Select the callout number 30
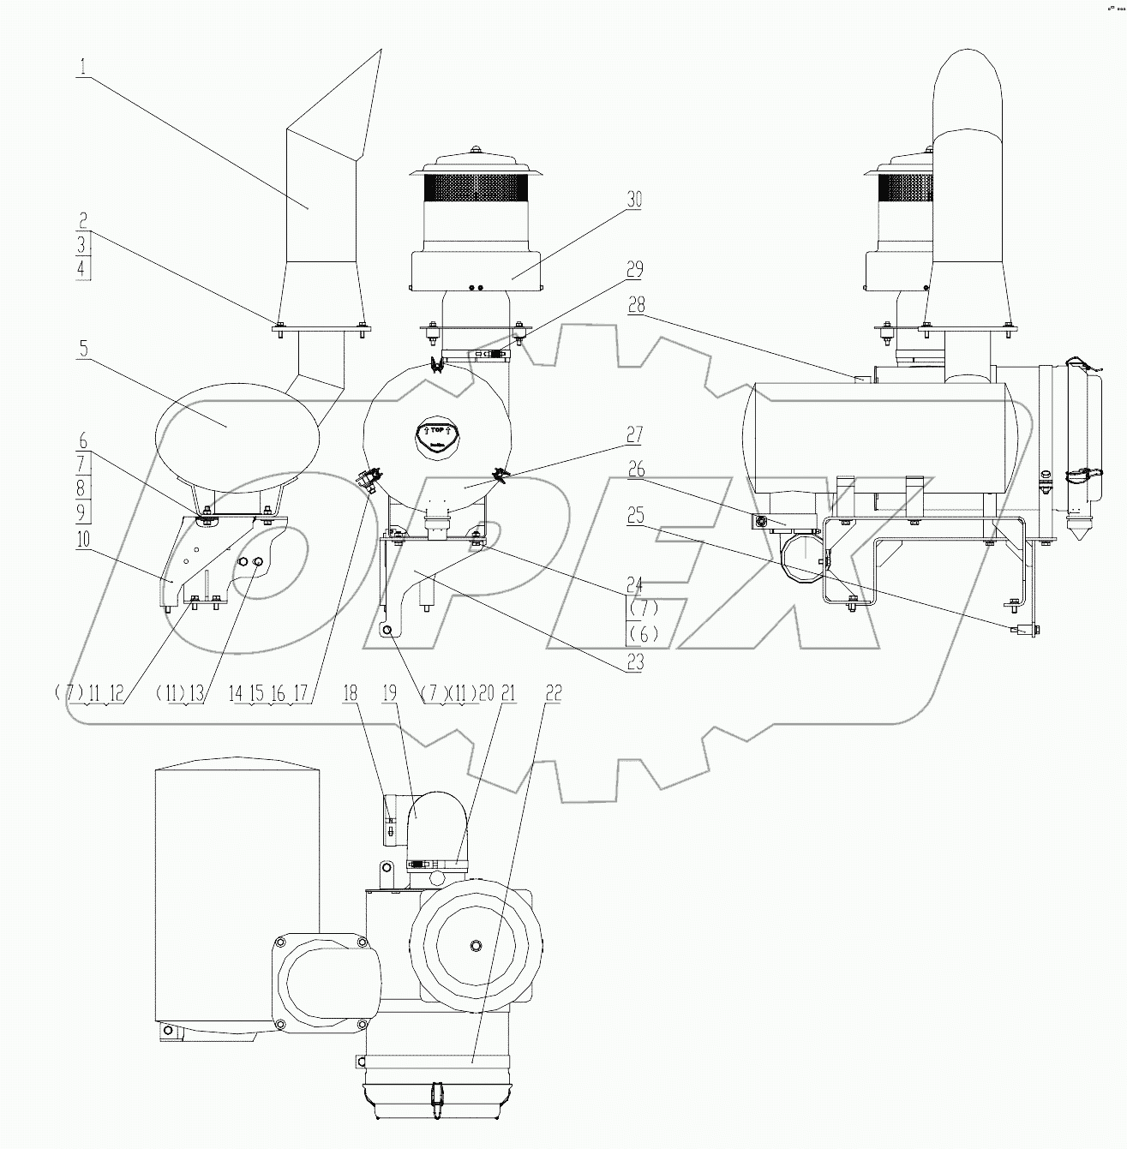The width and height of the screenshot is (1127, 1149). [x=634, y=200]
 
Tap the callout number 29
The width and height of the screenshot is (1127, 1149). [x=634, y=270]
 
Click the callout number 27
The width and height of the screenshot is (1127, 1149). [x=634, y=434]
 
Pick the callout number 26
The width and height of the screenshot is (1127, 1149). [x=634, y=470]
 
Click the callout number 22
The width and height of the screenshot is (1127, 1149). [x=553, y=693]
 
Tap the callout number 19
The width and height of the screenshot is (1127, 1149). [x=390, y=693]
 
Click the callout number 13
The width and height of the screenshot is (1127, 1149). [x=196, y=693]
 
